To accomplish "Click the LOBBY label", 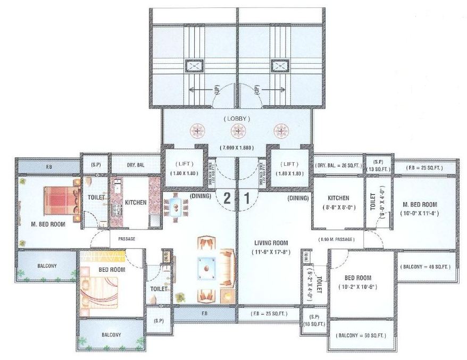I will pos(238,118).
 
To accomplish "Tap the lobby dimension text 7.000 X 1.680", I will pos(238,147).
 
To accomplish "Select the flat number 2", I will pos(227,198).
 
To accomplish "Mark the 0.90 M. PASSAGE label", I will pos(336,240).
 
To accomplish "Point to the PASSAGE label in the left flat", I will pos(127,239).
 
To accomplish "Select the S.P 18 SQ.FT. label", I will pos(313,320).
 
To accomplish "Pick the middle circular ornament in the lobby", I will pos(238,131).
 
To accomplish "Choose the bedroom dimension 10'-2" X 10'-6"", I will pos(357,287).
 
